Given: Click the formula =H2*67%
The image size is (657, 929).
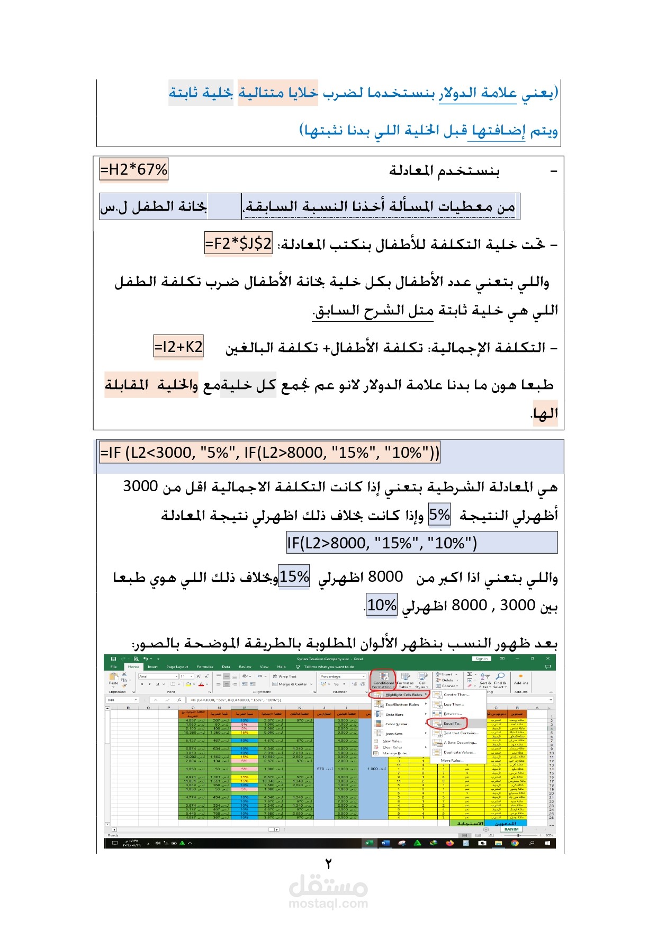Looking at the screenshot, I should tap(134, 170).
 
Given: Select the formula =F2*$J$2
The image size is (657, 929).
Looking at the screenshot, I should tap(238, 243).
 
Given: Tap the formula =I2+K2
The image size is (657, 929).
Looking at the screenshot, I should tap(178, 347).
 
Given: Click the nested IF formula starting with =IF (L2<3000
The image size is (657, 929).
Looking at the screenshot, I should tap(269, 453).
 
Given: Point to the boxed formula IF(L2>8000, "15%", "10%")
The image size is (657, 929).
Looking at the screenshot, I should tap(382, 543).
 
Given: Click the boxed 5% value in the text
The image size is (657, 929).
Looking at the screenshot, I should tap(439, 515).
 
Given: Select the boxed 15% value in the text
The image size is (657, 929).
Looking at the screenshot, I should tap(294, 576).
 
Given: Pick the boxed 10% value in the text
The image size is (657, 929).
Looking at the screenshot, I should tap(382, 605).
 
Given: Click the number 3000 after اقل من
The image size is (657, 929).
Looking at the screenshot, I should tap(140, 486).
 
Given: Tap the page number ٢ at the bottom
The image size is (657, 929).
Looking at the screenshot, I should tap(328, 864).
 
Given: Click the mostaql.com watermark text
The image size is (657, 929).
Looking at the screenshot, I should tap(328, 904).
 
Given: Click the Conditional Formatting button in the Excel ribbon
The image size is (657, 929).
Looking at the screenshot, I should tap(383, 680).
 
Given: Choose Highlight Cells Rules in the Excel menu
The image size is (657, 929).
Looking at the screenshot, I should tap(403, 695).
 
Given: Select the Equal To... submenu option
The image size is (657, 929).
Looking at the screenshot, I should tap(453, 723).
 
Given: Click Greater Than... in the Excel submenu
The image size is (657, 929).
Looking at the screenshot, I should tap(456, 695).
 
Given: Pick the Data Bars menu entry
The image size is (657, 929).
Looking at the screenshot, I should tap(394, 714).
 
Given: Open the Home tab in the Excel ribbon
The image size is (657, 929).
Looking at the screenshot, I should tap(133, 666).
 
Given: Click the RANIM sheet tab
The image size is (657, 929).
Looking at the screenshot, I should tap(511, 829).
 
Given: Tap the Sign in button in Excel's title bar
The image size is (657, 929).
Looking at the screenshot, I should tap(481, 659).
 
